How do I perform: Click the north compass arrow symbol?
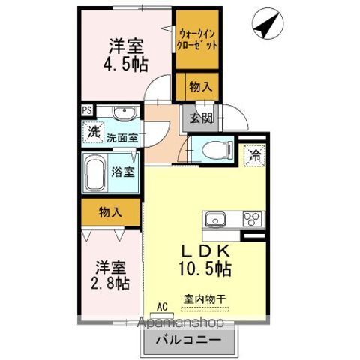[263, 24]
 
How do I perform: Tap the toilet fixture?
[209, 148]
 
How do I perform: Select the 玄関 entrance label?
[199, 118]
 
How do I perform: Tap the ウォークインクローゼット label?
[197, 40]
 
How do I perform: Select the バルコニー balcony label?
[188, 339]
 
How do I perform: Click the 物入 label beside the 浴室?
[110, 213]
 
